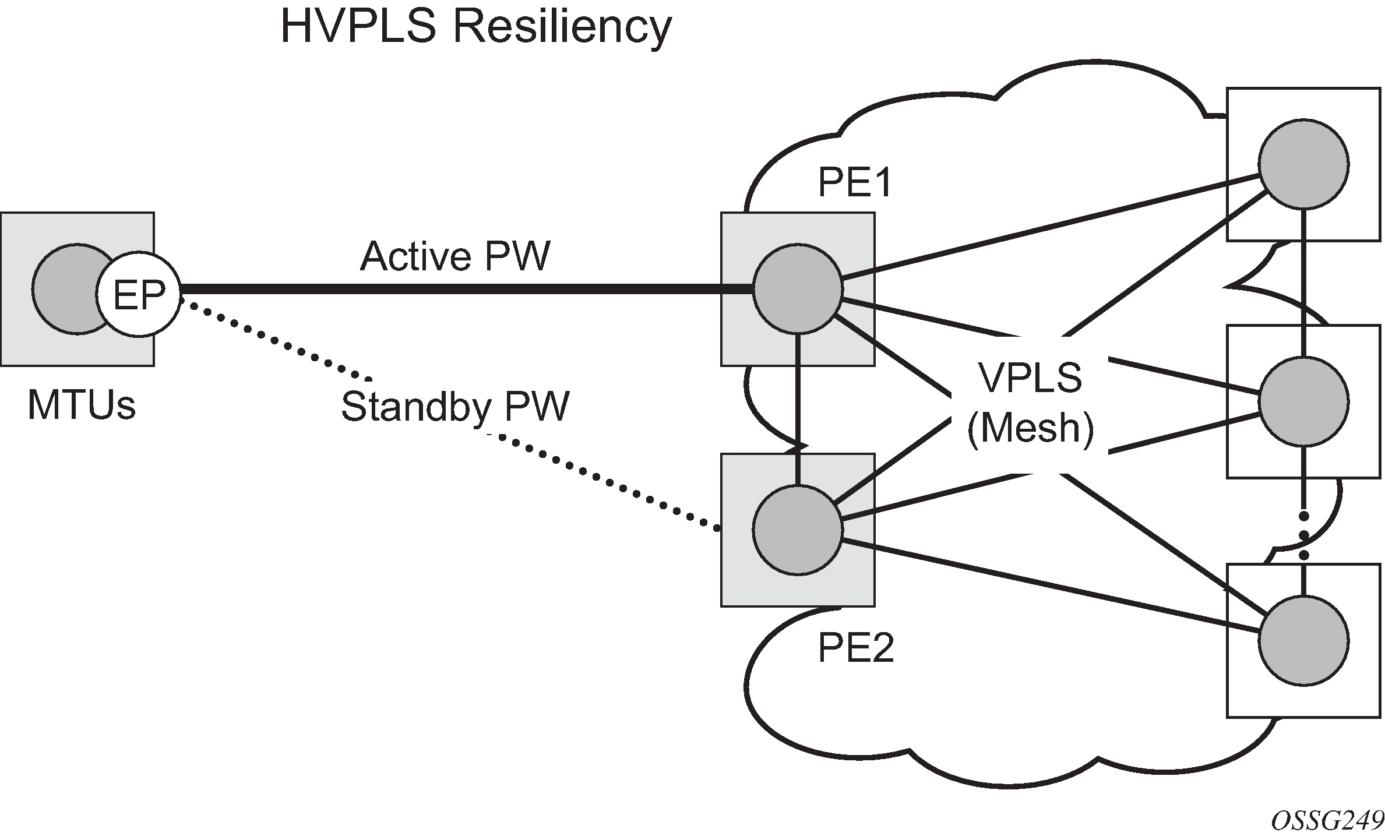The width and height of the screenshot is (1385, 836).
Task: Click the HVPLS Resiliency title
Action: [x=475, y=28]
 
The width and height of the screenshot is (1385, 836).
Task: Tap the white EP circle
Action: [x=139, y=295]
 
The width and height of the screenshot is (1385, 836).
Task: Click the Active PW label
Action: [x=455, y=256]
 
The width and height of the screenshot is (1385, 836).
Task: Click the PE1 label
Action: [x=855, y=184]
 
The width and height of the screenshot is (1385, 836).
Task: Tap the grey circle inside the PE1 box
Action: [x=798, y=289]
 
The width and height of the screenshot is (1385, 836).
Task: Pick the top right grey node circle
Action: [x=1303, y=164]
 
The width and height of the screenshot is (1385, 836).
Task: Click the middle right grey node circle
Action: [x=1303, y=401]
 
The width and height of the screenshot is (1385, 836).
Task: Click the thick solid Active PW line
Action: [x=466, y=289]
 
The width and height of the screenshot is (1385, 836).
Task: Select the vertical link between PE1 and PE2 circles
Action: [x=798, y=408]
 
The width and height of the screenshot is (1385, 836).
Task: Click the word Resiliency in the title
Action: [x=562, y=28]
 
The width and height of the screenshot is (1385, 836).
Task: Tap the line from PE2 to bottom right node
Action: [x=1049, y=584]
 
